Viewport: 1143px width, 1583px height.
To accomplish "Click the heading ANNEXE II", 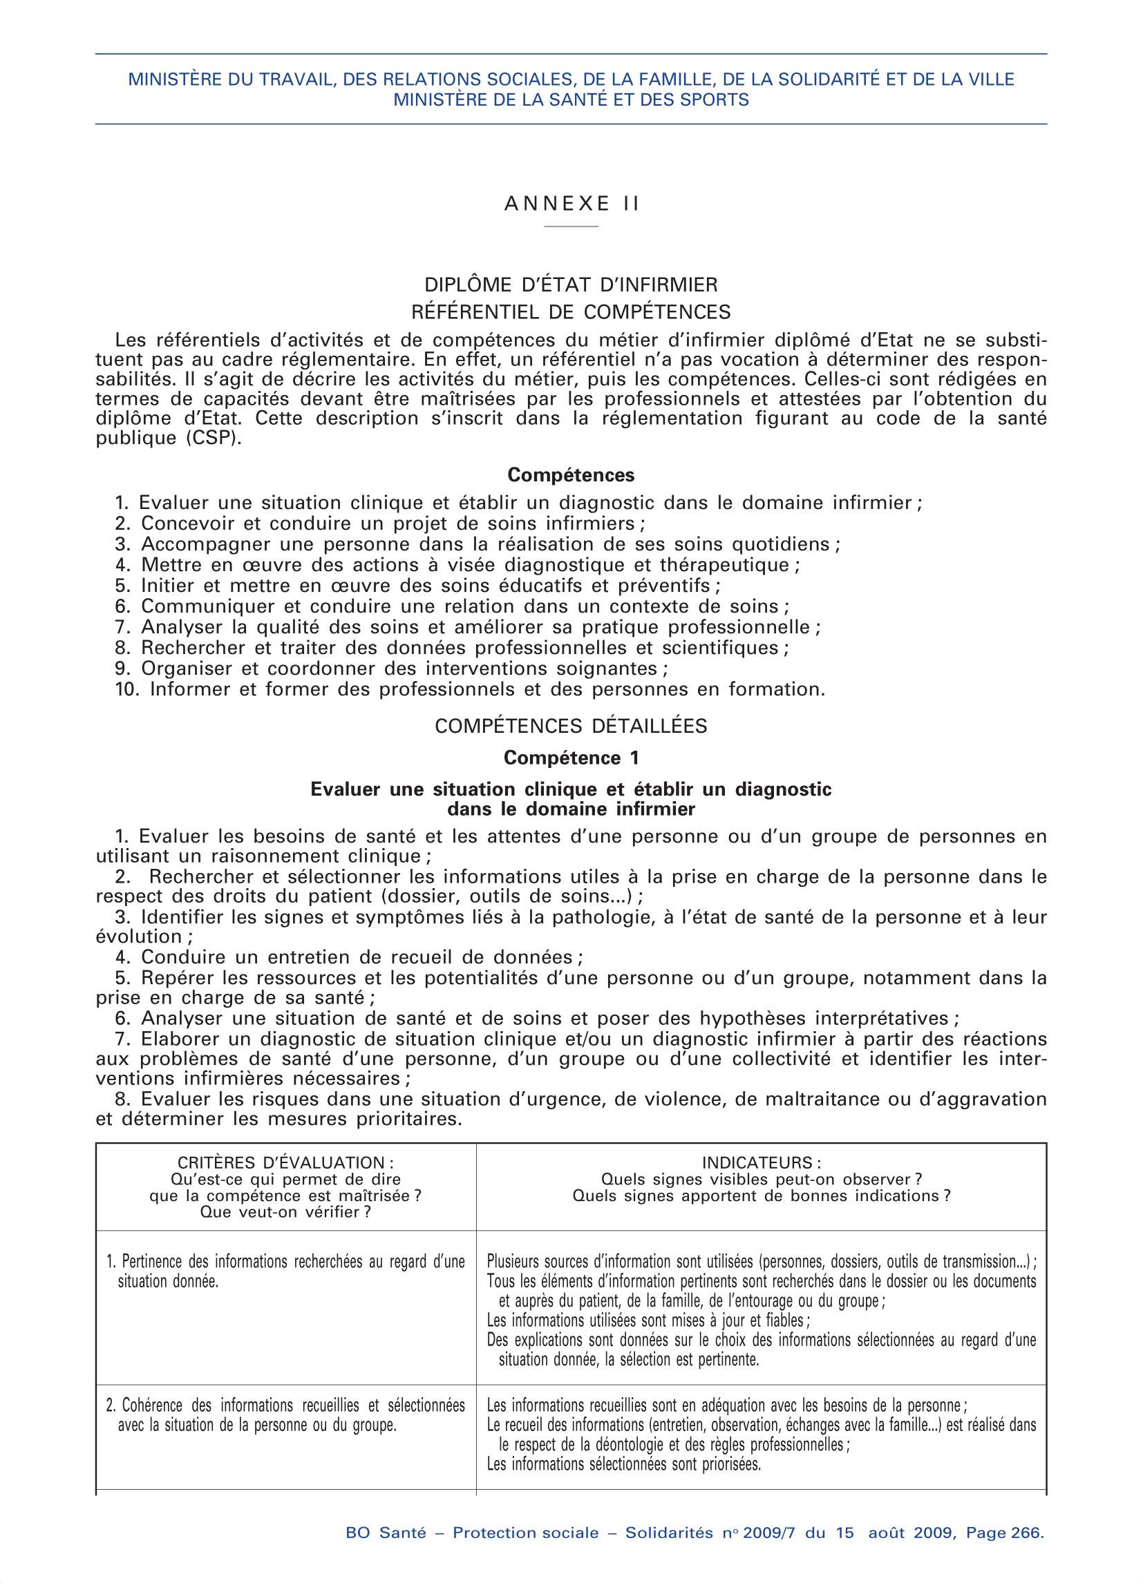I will click(571, 203).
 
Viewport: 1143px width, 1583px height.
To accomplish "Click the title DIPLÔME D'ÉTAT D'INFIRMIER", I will click(571, 285).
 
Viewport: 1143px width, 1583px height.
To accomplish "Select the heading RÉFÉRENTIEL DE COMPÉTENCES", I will click(571, 311).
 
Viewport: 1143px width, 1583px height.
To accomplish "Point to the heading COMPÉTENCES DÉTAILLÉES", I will click(571, 726).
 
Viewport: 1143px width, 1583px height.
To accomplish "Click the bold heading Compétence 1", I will click(571, 757).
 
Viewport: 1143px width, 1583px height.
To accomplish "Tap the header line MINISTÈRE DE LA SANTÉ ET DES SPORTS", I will click(571, 100).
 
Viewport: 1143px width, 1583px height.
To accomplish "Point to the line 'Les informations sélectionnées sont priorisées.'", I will click(623, 1464).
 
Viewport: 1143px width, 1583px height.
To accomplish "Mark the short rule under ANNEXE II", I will click(571, 227).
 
